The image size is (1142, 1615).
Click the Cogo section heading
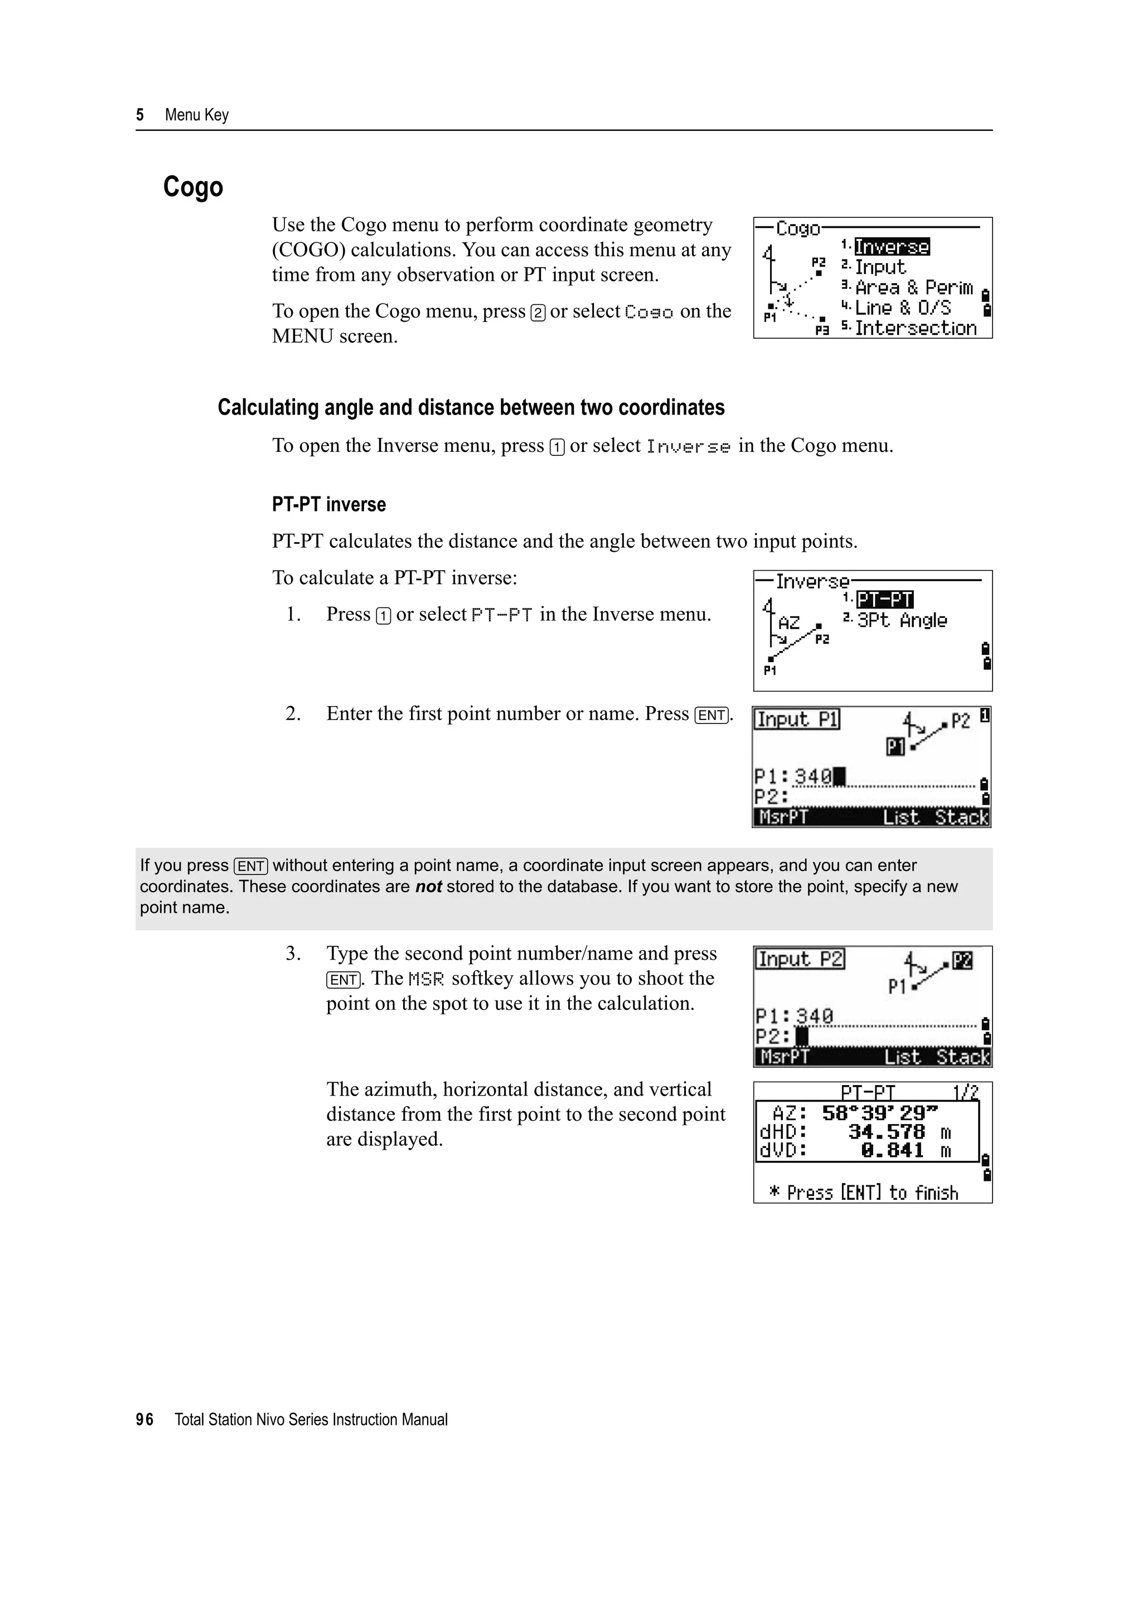coord(193,187)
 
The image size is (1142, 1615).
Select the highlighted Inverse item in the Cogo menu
coord(892,247)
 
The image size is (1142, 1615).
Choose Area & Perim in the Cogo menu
coord(913,288)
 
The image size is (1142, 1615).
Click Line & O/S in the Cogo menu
coord(903,308)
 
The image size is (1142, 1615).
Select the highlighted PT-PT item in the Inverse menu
coord(884,599)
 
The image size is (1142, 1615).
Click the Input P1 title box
coord(796,719)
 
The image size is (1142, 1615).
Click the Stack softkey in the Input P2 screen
coord(962,1057)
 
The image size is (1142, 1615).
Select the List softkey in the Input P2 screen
coord(903,1057)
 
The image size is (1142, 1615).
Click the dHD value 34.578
coord(886,1132)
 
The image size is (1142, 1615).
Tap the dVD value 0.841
coord(892,1151)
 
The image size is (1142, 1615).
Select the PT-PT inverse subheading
coord(328,504)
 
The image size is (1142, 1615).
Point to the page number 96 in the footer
coord(144,1419)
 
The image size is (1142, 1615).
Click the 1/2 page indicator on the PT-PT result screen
coord(965,1092)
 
